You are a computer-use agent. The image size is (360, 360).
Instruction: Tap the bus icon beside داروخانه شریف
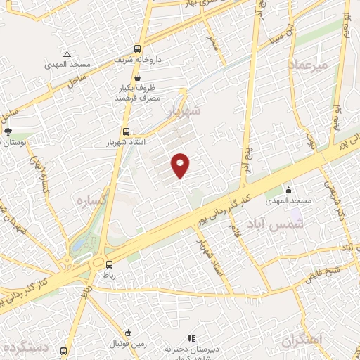[137, 49]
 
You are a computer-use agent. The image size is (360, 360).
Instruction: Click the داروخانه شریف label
[139, 60]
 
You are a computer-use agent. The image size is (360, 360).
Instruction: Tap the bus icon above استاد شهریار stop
[126, 131]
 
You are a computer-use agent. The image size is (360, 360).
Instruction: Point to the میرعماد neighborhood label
[309, 65]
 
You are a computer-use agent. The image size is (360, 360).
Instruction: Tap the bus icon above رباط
[109, 264]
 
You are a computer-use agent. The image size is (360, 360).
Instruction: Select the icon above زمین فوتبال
[127, 333]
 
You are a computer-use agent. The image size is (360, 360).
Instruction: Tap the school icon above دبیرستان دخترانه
[191, 338]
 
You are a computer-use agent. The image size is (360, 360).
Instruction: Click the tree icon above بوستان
[8, 131]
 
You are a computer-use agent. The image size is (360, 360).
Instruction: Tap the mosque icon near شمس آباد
[288, 189]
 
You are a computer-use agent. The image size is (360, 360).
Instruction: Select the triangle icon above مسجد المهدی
[67, 54]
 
